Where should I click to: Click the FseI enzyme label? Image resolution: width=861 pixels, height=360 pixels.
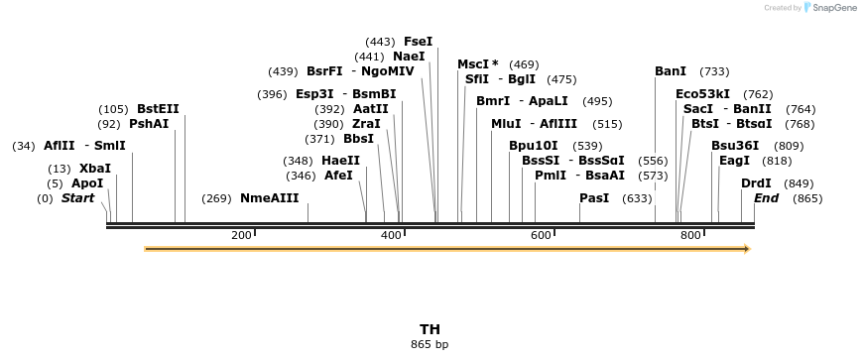coord(418,42)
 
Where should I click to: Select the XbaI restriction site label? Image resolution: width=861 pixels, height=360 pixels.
coord(95,169)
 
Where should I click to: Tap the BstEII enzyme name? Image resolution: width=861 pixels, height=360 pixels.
coord(159,109)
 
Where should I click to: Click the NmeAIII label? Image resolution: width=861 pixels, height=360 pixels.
coord(270,198)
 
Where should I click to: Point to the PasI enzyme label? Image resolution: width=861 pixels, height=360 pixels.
coord(594,198)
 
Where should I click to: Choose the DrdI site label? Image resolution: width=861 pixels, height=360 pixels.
coord(756,183)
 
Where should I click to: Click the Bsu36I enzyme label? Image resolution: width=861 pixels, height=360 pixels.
coord(735,146)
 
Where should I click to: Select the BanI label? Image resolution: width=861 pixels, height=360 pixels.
coord(671,71)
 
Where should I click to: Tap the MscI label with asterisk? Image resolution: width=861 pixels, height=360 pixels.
coord(478,64)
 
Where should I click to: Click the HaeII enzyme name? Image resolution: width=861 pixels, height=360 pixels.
coord(340,161)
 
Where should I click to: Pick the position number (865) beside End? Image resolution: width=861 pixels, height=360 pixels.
coord(807,198)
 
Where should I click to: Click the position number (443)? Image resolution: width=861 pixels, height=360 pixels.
coord(380,42)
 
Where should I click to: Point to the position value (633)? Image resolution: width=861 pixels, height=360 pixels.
coord(637,198)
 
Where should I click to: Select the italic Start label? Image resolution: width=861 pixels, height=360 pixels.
coord(77,198)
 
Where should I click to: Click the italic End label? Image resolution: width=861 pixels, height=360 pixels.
coord(767,198)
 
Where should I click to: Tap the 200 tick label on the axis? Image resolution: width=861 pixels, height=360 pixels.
coord(241,235)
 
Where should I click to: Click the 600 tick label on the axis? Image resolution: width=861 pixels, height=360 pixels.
coord(541,235)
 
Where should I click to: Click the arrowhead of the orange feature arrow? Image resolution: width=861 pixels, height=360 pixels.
coord(746,249)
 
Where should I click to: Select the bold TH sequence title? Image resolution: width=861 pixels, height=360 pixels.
coord(430,329)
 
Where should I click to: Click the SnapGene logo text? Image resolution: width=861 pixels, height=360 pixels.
coord(832,8)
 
